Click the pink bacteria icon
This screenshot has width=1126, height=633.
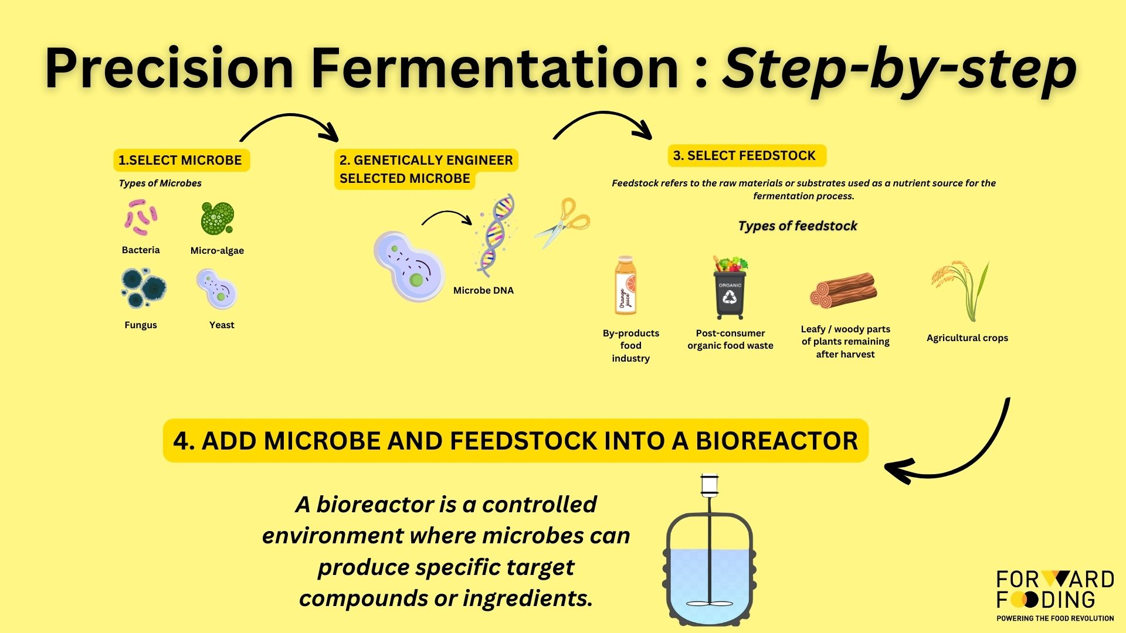[x=141, y=217]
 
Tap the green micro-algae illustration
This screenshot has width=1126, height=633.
[x=217, y=218]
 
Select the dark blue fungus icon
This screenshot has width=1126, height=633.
[x=144, y=288]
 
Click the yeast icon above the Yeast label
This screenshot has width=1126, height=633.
[x=217, y=289]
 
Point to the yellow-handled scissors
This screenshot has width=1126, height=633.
[x=562, y=223]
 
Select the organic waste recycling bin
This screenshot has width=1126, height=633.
[x=730, y=287]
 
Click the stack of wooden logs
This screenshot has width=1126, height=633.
[x=843, y=290]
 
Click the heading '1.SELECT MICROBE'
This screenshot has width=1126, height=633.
[x=180, y=160]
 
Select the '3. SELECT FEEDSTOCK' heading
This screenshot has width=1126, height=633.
[x=744, y=155]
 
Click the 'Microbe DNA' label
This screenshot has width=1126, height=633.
[x=483, y=290]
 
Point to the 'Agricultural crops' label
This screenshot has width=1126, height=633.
[x=967, y=338]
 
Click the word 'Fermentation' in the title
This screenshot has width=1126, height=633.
[x=494, y=68]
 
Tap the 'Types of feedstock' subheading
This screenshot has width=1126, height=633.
[x=798, y=226]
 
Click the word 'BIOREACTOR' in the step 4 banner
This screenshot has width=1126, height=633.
[x=777, y=441]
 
